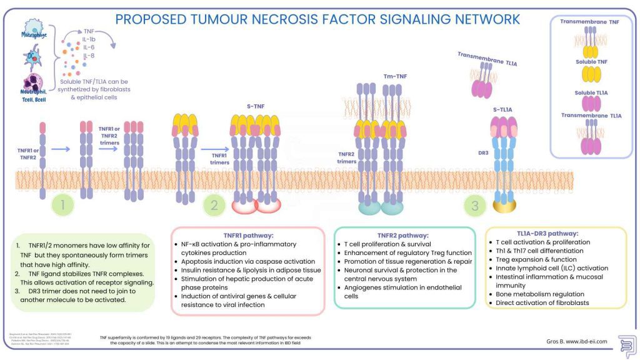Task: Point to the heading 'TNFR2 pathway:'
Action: point(404,235)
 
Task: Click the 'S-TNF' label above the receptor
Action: point(254,106)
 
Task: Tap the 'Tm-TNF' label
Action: point(394,76)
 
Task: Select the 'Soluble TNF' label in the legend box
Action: point(592,62)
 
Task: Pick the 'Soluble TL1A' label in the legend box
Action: point(592,93)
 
